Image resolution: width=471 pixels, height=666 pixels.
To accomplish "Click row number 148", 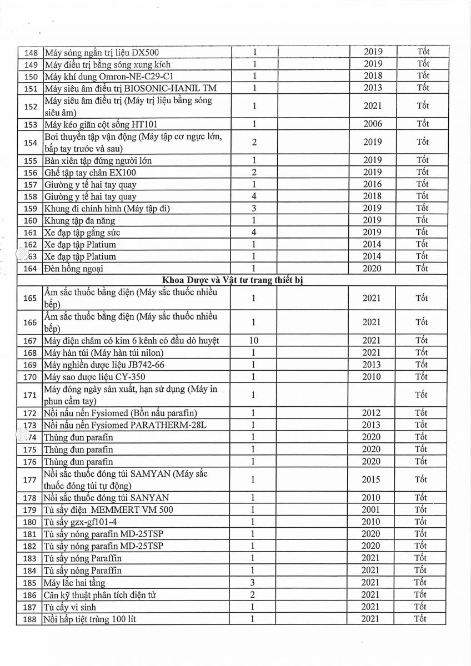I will tap(31, 52).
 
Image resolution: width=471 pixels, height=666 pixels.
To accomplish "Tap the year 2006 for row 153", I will tap(373, 124).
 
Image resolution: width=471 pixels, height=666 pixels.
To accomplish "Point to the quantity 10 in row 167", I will tap(253, 340).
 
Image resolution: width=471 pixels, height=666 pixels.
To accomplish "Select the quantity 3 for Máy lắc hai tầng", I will tap(253, 582).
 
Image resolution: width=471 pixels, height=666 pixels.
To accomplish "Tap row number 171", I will tap(31, 395).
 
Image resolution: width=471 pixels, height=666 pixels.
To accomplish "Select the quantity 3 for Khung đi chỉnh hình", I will tap(253, 208).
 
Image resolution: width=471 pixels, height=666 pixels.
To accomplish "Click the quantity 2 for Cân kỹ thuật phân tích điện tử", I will tap(253, 594).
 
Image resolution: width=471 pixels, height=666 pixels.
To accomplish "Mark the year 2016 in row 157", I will tap(373, 184).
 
